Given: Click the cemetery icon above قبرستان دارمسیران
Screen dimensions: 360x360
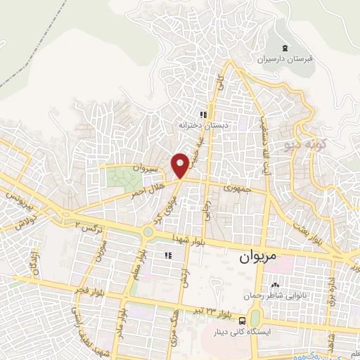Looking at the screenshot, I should click(284, 48).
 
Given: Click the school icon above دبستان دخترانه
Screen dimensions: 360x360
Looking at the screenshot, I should click(203, 115).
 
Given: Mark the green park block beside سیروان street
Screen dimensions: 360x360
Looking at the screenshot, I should click(124, 177).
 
